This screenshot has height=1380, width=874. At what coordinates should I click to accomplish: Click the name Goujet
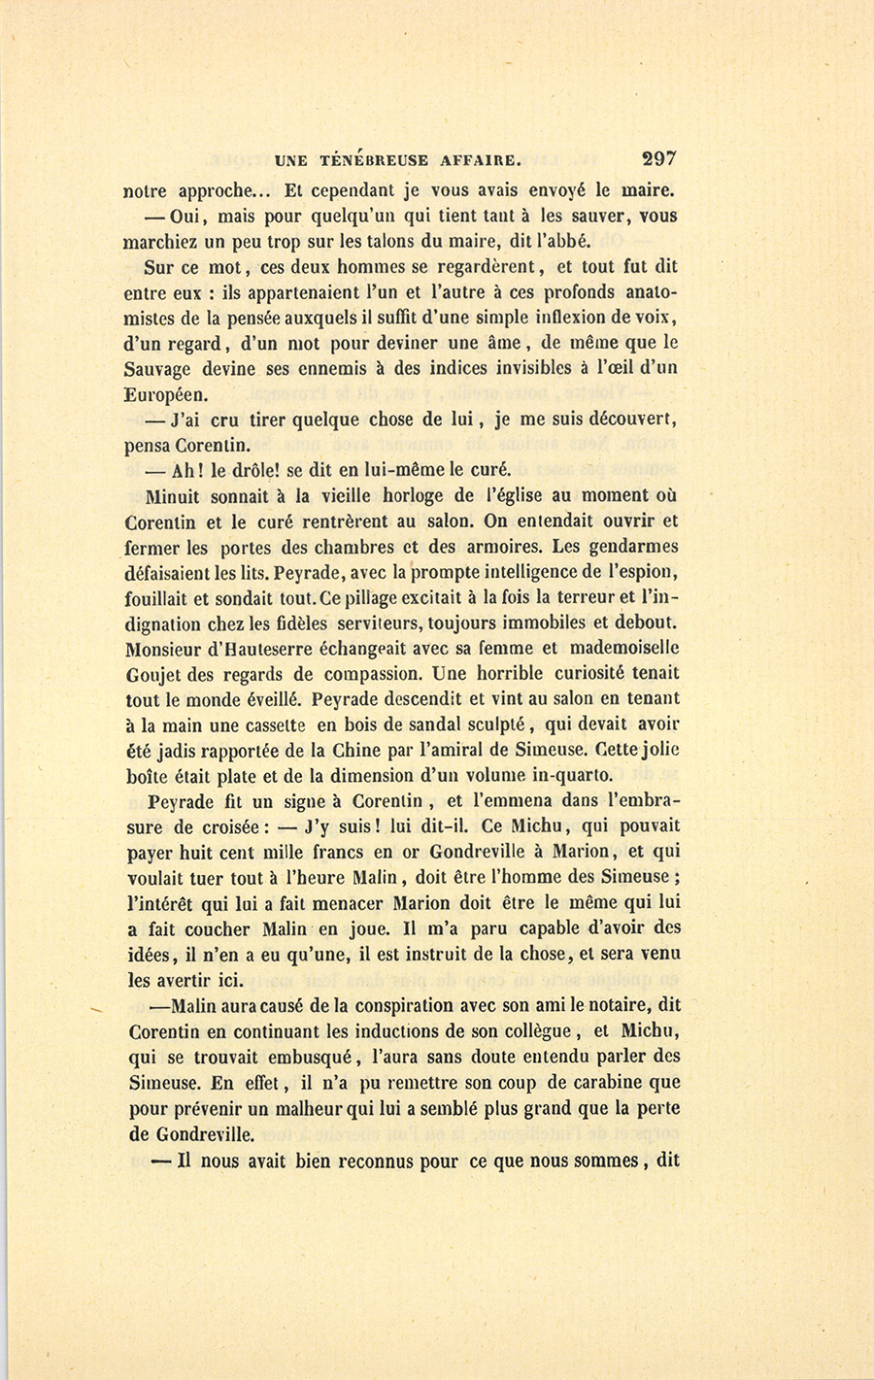(155, 673)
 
